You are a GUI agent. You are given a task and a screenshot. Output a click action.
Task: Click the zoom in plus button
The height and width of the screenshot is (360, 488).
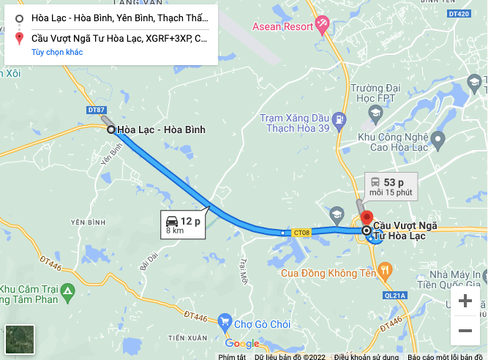465,301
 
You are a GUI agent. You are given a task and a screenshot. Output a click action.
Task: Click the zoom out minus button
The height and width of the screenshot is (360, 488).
465,331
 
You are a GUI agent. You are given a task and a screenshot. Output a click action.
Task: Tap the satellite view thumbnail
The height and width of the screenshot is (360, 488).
20,340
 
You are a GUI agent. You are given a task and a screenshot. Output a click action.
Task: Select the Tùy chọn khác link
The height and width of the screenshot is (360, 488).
57,52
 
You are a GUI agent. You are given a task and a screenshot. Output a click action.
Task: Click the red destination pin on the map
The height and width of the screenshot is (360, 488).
367,219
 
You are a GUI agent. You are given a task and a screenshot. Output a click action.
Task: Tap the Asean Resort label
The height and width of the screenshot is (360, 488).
282,27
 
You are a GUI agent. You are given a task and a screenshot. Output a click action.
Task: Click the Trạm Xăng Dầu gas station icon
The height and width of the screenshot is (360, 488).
338,119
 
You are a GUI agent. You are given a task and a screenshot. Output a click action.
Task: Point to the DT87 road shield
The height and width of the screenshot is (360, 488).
96,110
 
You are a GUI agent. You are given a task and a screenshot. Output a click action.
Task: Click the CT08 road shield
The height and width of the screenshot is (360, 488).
302,233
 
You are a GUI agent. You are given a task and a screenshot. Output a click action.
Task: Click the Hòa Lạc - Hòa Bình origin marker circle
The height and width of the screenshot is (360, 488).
111,130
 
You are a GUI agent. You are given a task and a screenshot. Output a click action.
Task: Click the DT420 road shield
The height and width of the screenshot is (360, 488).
458,14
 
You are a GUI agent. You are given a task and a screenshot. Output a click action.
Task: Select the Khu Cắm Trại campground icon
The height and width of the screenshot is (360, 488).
67,293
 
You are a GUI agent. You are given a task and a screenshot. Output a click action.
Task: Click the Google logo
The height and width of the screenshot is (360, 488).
242,343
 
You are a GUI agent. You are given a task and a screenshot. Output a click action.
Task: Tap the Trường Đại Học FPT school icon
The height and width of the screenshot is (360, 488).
375,113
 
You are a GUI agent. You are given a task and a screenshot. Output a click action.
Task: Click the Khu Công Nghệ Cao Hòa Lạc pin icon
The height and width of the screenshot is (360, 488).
438,138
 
